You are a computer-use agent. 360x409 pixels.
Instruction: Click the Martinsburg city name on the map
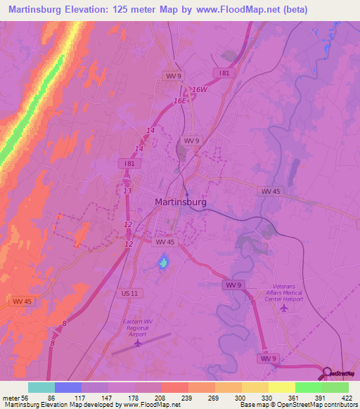(x=180, y=202)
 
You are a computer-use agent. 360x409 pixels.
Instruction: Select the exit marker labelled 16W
(x=200, y=90)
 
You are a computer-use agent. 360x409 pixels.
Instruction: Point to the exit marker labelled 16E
(x=181, y=101)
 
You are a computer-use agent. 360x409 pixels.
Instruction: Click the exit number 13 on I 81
(x=127, y=190)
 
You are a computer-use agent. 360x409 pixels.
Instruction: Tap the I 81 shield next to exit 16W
(x=223, y=72)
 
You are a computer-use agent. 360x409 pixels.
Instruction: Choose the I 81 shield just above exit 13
(x=129, y=163)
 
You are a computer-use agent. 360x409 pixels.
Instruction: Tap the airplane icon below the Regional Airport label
(x=138, y=343)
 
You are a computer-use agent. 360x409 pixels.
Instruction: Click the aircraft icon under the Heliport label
(x=283, y=308)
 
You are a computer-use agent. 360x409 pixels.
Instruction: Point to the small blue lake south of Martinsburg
(x=163, y=263)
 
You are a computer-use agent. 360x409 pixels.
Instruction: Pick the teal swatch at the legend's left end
(x=41, y=387)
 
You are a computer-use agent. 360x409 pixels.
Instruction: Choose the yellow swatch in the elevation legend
(x=281, y=387)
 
